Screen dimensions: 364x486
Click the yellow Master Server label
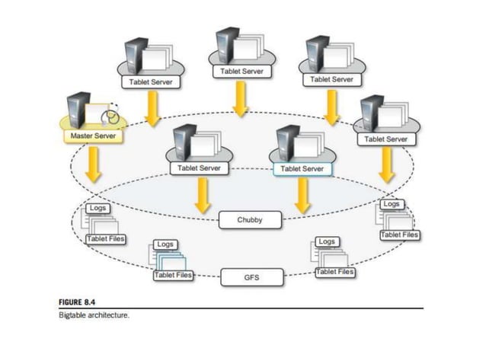click(x=92, y=136)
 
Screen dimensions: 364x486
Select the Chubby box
click(x=251, y=221)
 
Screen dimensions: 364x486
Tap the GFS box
click(x=251, y=278)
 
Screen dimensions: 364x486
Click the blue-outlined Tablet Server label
click(x=302, y=168)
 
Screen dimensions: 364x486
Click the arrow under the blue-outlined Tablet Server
click(x=302, y=196)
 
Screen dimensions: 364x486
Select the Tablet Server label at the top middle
click(x=241, y=71)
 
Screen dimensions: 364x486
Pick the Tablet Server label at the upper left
click(x=152, y=81)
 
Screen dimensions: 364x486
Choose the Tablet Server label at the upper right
click(x=331, y=78)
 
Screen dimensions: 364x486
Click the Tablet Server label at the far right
click(x=385, y=139)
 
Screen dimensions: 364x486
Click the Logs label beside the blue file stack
click(x=165, y=244)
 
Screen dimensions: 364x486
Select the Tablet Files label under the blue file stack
click(x=173, y=275)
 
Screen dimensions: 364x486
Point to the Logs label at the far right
click(x=392, y=204)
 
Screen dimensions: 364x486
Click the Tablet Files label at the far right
click(x=400, y=235)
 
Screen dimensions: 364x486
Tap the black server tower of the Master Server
click(x=78, y=109)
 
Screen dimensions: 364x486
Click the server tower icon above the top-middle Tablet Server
click(x=226, y=45)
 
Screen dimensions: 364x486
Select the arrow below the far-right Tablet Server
click(x=386, y=164)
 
